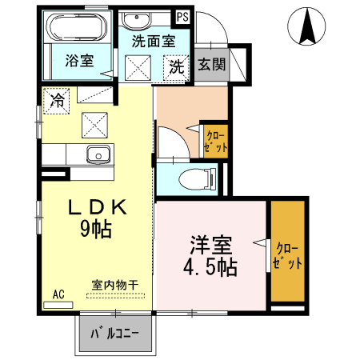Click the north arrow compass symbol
(x=307, y=26)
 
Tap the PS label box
(x=183, y=16)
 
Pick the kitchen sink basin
(x=99, y=154)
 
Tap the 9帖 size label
(x=94, y=230)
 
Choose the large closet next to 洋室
(x=288, y=253)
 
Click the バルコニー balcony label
(x=115, y=333)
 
